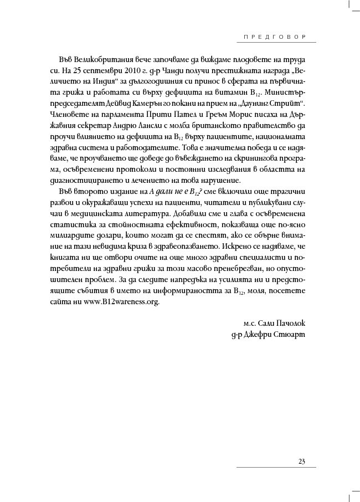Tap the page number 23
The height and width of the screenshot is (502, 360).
(302, 462)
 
